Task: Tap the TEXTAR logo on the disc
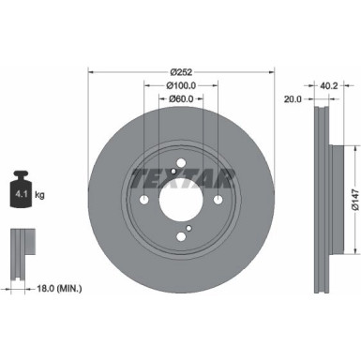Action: point(181,168)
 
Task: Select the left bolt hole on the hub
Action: point(143,199)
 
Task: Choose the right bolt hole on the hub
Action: point(218,199)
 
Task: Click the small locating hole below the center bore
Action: point(188,228)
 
